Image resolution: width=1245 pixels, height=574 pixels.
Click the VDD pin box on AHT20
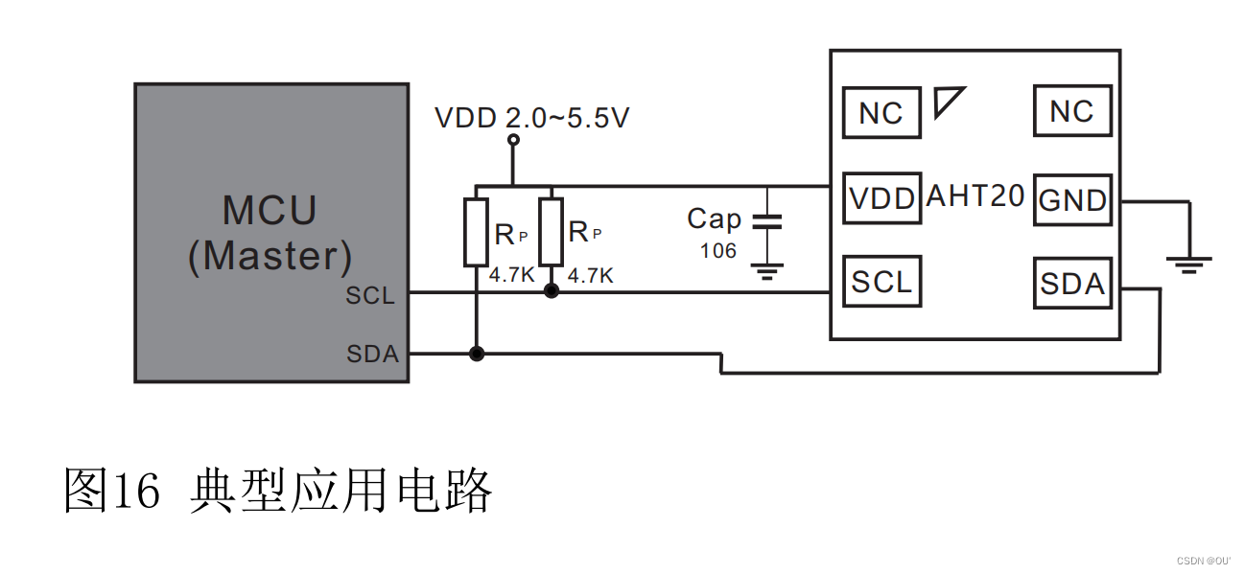pyautogui.click(x=881, y=198)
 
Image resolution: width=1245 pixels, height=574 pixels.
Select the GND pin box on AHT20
pyautogui.click(x=1072, y=200)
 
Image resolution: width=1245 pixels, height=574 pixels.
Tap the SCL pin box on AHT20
pyautogui.click(x=881, y=282)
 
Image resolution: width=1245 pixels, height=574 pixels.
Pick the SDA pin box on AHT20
pyautogui.click(x=1072, y=284)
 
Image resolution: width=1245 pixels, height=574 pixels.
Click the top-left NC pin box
pyautogui.click(x=881, y=112)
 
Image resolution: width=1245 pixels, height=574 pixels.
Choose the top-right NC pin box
pyautogui.click(x=1071, y=111)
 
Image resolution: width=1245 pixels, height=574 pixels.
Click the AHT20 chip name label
pyautogui.click(x=975, y=196)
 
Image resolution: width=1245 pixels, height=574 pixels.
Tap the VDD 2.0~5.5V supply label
pyautogui.click(x=532, y=118)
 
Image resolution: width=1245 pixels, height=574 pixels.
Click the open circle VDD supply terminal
pyautogui.click(x=513, y=140)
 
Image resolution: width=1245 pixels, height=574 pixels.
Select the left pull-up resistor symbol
pyautogui.click(x=476, y=231)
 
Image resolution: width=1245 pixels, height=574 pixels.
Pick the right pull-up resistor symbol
pyautogui.click(x=551, y=230)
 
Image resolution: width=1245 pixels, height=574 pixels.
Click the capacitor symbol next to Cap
pyautogui.click(x=766, y=222)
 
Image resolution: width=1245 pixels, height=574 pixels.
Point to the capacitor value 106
pyautogui.click(x=717, y=251)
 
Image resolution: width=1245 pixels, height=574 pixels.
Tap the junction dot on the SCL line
pyautogui.click(x=551, y=291)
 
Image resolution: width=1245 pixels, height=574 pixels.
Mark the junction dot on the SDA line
pyautogui.click(x=476, y=354)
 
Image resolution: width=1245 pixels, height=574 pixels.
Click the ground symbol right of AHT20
pyautogui.click(x=1189, y=263)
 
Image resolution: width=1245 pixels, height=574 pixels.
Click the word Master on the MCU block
pyautogui.click(x=270, y=256)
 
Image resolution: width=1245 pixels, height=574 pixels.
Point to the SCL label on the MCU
pyautogui.click(x=370, y=296)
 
